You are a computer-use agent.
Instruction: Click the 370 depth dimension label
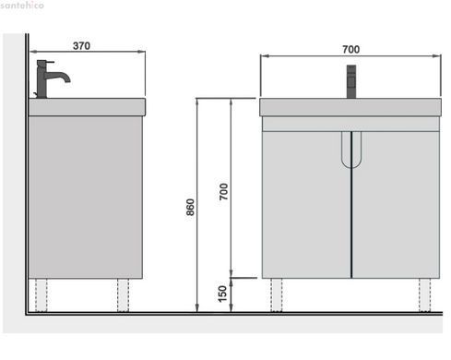(x=81, y=46)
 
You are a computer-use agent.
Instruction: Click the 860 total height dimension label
(x=190, y=207)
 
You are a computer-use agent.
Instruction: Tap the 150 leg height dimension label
(x=222, y=294)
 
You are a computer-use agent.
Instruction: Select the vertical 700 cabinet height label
(x=223, y=191)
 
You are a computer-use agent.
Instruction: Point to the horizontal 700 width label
(x=350, y=49)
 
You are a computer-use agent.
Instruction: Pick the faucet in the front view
(x=351, y=81)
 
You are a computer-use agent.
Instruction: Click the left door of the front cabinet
(x=306, y=205)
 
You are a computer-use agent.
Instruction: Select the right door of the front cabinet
(x=396, y=205)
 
